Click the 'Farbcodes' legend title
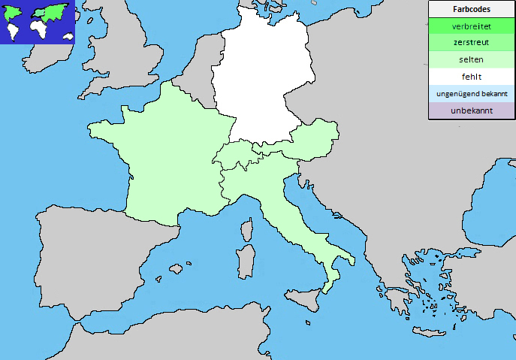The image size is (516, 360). tap(472, 9)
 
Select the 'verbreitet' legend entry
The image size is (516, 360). tap(472, 26)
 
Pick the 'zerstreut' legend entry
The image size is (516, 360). tap(472, 43)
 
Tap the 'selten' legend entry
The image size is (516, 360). tap(472, 59)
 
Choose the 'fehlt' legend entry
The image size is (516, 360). tap(472, 77)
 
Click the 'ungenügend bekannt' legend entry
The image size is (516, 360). tap(472, 94)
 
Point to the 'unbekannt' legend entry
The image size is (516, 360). tap(472, 110)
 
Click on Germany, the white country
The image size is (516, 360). tap(263, 75)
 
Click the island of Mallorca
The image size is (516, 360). tap(177, 268)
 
